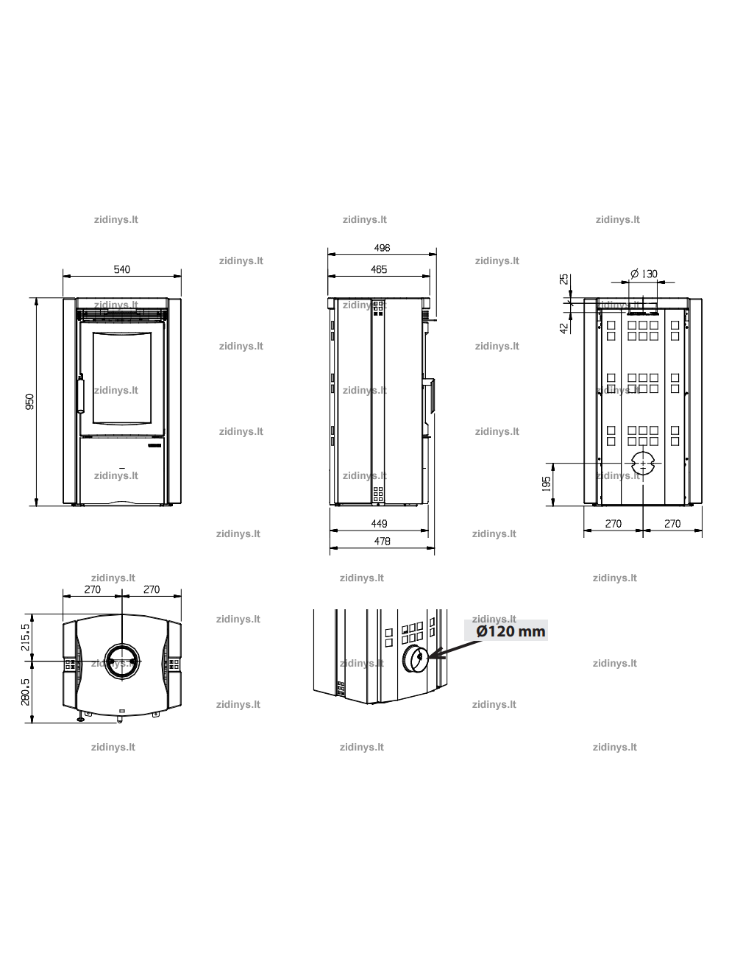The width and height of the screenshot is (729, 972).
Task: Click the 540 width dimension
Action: tap(121, 269)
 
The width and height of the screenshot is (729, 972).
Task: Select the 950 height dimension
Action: tap(29, 402)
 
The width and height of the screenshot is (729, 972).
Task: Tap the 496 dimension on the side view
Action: tap(382, 247)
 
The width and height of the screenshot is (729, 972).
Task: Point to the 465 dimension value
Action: tap(379, 269)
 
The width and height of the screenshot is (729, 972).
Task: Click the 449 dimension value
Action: tap(380, 523)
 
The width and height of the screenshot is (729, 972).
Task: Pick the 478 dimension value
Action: tap(382, 541)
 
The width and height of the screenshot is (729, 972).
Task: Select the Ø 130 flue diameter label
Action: tap(644, 274)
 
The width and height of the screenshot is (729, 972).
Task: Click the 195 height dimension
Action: tap(546, 483)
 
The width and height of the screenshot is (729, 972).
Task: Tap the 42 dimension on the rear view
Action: tap(563, 328)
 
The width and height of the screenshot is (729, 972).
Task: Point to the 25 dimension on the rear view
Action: tap(563, 279)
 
